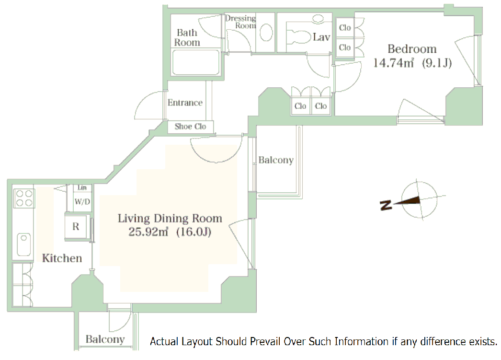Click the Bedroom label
pos(412,48)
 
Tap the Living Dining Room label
pos(170,219)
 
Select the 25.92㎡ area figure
pos(148,232)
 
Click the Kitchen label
pos(62,258)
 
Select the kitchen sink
pos(23,244)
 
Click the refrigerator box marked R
pos(76,227)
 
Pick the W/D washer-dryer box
pos(81,202)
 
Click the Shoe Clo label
pos(190,127)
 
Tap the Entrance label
pos(185,103)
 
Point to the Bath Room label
pos(187,37)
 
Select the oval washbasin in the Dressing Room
pos(266,33)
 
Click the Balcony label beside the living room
pos(275,160)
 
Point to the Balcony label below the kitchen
pos(105,339)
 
